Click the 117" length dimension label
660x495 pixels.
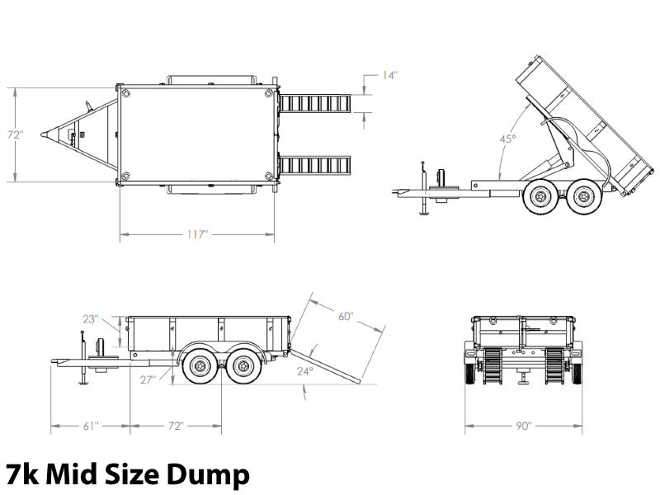tap(197, 234)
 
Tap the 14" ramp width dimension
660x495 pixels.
tap(389, 75)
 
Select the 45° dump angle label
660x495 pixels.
tap(507, 139)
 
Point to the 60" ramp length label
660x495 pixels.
tap(346, 316)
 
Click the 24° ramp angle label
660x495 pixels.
tap(305, 371)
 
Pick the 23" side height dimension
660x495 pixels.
tap(90, 319)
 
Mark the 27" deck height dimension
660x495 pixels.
tap(148, 380)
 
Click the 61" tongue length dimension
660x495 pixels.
tap(91, 426)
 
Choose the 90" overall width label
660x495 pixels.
tap(524, 426)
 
